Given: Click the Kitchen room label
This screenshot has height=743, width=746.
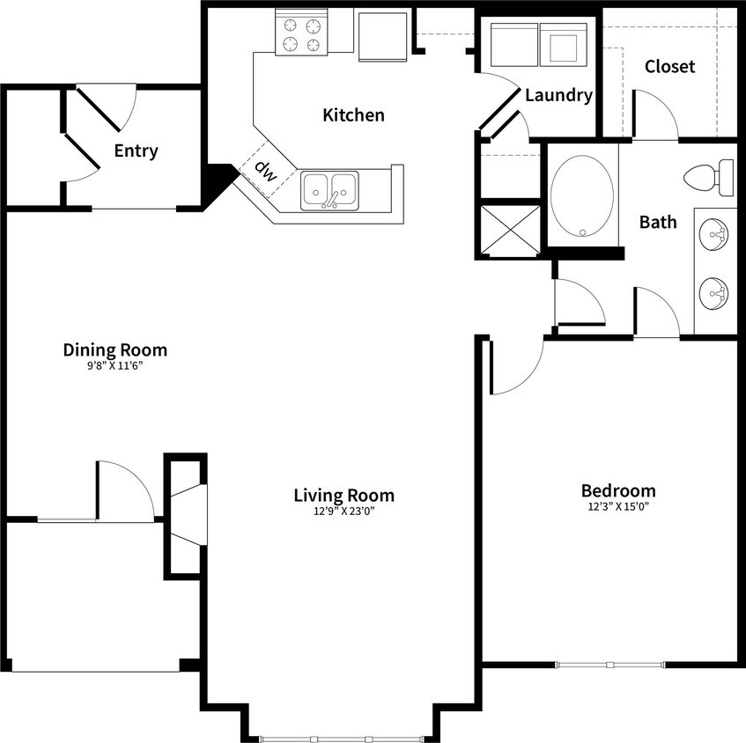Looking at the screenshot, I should coord(353,114).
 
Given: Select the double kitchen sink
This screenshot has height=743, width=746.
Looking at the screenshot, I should coord(329,190).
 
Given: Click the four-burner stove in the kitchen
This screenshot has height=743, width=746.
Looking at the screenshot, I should coord(301,33).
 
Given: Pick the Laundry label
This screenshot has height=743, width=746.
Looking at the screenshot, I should coord(558,95).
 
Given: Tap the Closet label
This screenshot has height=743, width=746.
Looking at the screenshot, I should coord(669,66).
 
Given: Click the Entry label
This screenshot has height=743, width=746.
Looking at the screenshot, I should coord(137,151).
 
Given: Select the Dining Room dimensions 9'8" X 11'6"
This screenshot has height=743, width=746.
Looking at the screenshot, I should coord(114,365).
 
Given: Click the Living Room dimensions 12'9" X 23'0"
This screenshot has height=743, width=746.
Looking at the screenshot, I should coord(343,511).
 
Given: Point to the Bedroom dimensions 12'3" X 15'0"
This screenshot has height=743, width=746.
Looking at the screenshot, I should coord(618,506).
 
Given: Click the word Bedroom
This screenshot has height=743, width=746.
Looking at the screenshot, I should coord(618,490).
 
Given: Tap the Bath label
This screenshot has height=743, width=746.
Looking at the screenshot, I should coord(658,222).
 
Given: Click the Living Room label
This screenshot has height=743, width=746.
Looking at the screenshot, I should coord(343,495).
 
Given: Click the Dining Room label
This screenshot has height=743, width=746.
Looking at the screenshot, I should coord(114,349).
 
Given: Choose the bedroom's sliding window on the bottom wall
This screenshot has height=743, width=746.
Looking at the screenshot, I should coord(609,663).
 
